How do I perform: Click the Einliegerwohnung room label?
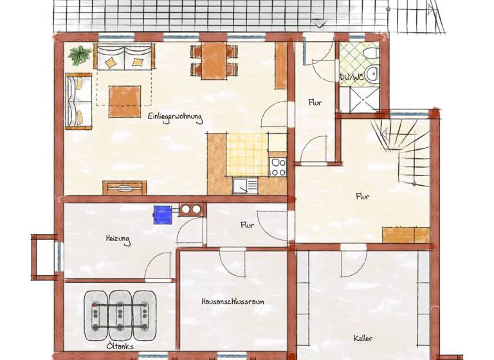pyautogui.click(x=174, y=117)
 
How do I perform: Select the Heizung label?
pyautogui.click(x=118, y=240)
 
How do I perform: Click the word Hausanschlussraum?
pyautogui.click(x=232, y=301)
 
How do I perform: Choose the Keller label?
pyautogui.click(x=363, y=338)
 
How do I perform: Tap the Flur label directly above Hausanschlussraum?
pyautogui.click(x=247, y=226)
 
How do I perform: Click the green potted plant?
pyautogui.click(x=80, y=55)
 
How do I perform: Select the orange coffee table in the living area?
pyautogui.click(x=125, y=100)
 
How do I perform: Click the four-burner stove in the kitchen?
pyautogui.click(x=278, y=166)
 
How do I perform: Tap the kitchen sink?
pyautogui.click(x=245, y=185)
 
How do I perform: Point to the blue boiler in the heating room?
pyautogui.click(x=161, y=214)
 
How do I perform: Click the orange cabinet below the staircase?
pyautogui.click(x=405, y=235)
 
